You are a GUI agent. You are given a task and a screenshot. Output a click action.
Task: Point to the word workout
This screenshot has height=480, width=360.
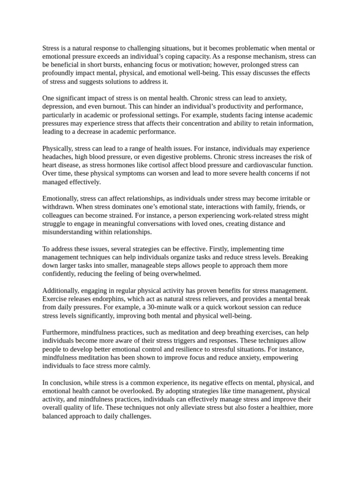[x=236, y=307]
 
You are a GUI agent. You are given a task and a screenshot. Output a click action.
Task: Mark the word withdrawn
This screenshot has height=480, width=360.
[x=59, y=207]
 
